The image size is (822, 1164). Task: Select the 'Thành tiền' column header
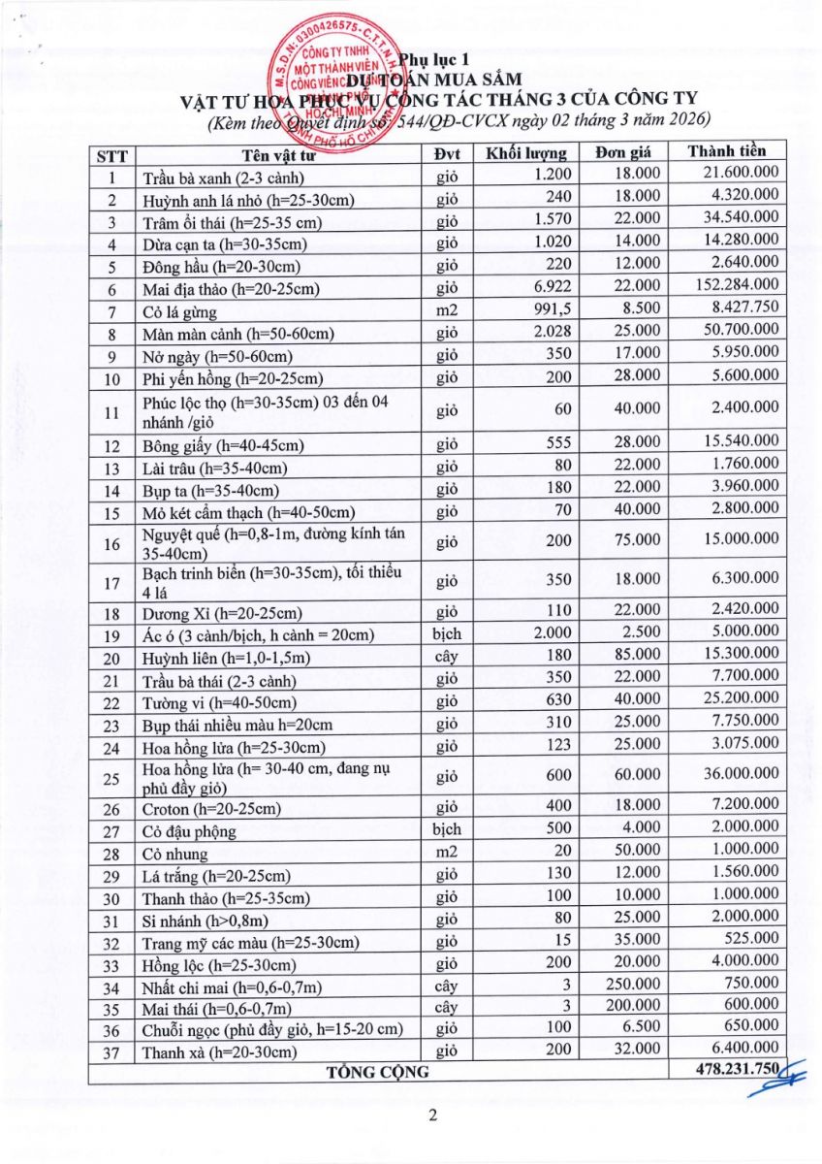(726, 152)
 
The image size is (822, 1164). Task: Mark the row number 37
(112, 1051)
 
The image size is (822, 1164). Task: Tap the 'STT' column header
(112, 154)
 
